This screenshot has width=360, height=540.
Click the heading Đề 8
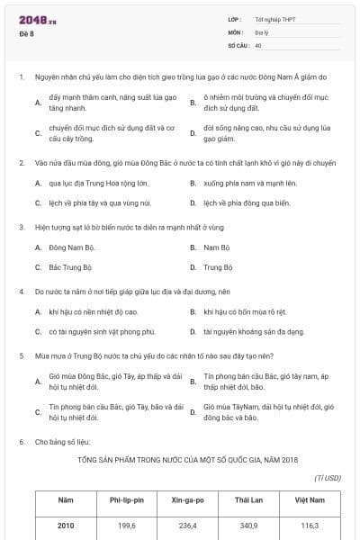[26, 33]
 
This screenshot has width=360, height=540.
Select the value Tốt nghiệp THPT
[275, 19]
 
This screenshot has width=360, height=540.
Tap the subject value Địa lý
[262, 31]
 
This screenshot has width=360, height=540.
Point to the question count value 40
[258, 44]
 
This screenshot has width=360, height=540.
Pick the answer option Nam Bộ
[216, 247]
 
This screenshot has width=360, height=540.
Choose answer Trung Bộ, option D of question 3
[218, 267]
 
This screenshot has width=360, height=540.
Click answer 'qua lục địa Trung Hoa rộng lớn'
[91, 183]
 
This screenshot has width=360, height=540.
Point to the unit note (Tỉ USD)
[328, 478]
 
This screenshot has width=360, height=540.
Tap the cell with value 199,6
[127, 525]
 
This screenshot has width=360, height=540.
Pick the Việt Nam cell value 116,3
[310, 525]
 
